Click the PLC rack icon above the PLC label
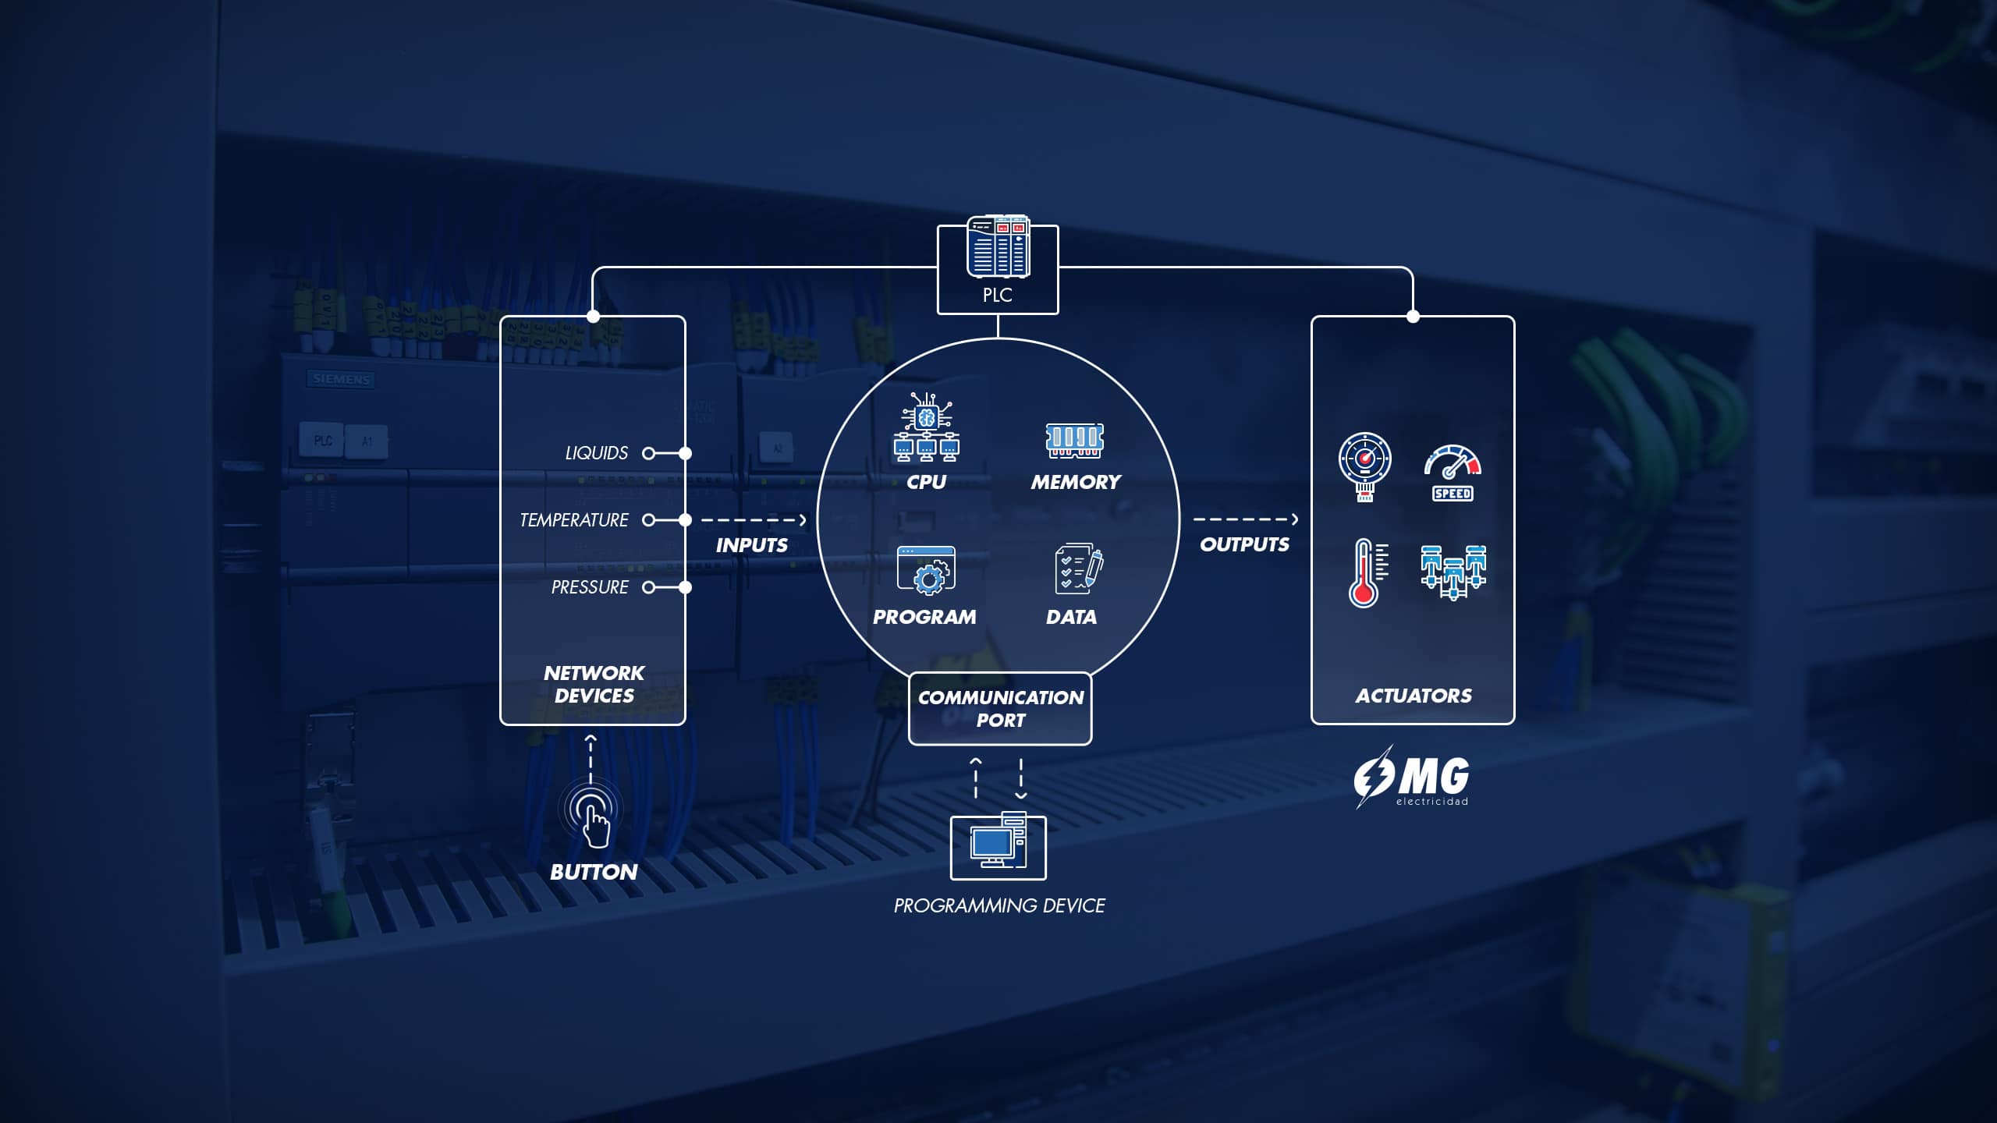(x=998, y=248)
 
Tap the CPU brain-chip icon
(x=926, y=427)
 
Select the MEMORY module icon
(x=1075, y=441)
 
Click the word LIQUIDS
(x=596, y=453)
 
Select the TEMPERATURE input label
(x=574, y=520)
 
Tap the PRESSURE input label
(x=590, y=587)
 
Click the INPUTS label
(x=752, y=545)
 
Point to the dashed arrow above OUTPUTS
(x=1245, y=519)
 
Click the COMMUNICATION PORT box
(x=1000, y=708)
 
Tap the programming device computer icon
(x=998, y=846)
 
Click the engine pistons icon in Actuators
(x=1453, y=572)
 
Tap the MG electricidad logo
(x=1412, y=778)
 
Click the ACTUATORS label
(x=1414, y=696)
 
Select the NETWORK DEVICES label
(x=594, y=684)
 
